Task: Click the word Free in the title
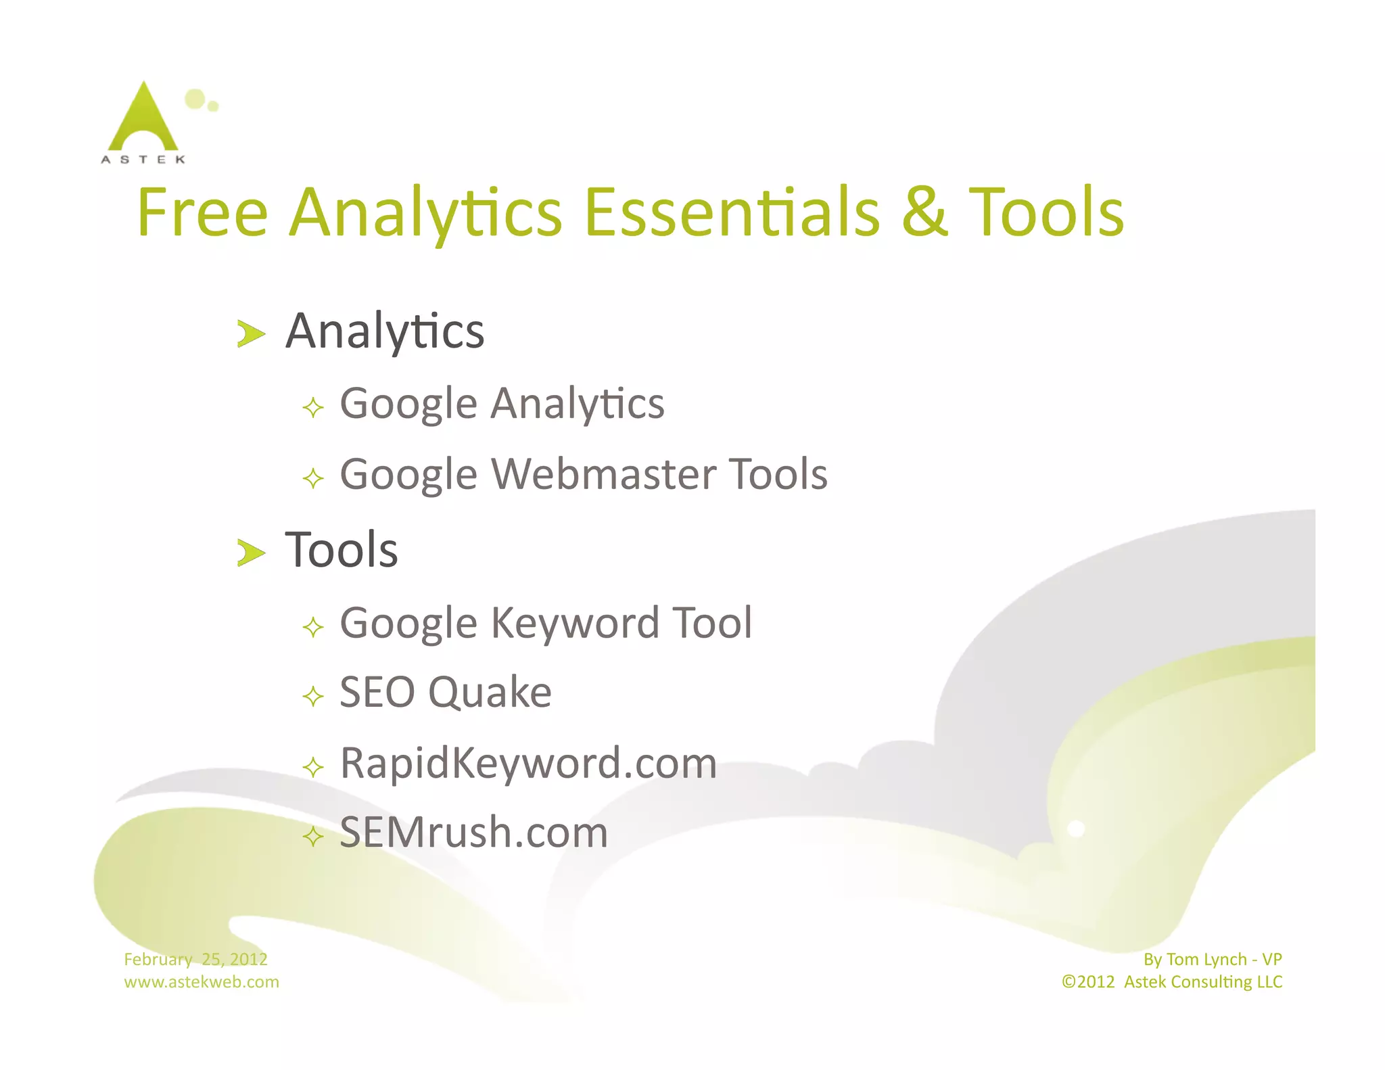202,213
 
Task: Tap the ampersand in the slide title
924,213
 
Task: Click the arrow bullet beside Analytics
250,333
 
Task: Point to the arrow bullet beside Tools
250,553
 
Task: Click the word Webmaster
601,474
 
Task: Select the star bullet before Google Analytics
313,408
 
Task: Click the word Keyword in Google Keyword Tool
574,623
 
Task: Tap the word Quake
490,693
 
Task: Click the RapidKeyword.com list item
528,763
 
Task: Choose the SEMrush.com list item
473,833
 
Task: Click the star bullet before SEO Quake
313,696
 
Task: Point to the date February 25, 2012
195,959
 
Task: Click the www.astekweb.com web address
202,982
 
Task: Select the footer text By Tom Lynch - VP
1213,959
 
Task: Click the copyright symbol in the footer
1069,982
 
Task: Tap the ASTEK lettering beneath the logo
143,160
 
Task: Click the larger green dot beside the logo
195,99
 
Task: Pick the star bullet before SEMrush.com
313,837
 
